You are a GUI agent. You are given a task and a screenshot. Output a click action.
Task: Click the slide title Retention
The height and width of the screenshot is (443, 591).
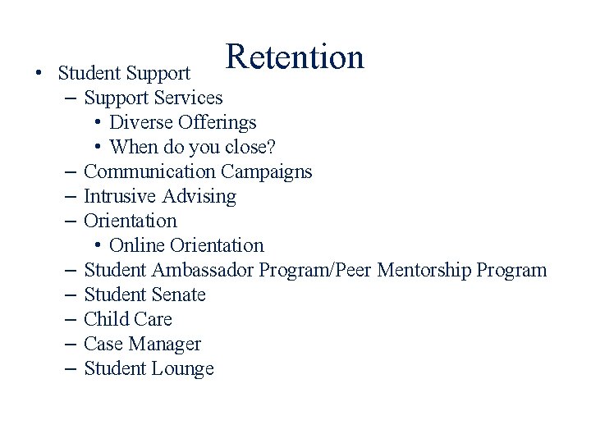295,57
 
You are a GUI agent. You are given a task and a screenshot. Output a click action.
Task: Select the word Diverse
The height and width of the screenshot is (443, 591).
141,123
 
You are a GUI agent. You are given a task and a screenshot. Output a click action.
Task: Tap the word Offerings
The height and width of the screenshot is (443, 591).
218,123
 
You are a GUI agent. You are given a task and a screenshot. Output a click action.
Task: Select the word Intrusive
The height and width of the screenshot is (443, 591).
121,197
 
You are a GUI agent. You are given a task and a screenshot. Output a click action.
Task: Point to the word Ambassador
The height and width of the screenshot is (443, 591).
201,270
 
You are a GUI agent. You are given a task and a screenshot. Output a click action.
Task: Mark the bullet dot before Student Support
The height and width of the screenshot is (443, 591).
39,74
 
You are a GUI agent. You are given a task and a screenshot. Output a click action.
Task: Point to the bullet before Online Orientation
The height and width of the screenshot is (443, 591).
97,246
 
